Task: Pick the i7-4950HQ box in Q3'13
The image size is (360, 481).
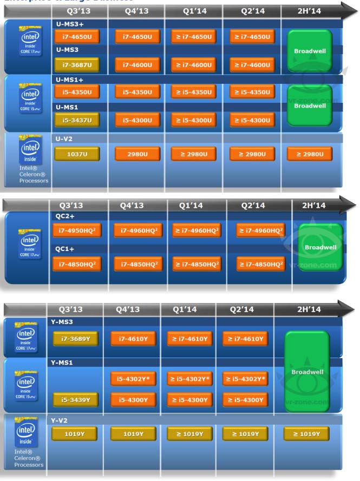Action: click(76, 231)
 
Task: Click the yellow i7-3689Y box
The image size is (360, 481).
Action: click(75, 339)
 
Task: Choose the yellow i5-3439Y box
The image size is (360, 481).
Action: click(75, 400)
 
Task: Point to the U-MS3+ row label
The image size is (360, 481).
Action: click(70, 24)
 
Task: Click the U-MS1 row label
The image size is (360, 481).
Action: click(67, 107)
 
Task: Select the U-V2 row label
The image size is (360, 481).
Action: click(64, 139)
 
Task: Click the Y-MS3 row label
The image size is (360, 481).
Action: click(62, 322)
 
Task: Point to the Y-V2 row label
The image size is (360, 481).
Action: click(60, 419)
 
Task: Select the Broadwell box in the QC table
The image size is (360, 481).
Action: click(320, 247)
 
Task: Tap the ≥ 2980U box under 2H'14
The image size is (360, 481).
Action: click(310, 154)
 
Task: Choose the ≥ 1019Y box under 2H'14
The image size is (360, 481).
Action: click(306, 434)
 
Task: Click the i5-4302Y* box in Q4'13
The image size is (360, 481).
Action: click(133, 379)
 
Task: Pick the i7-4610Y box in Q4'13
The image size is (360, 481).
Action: click(133, 339)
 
